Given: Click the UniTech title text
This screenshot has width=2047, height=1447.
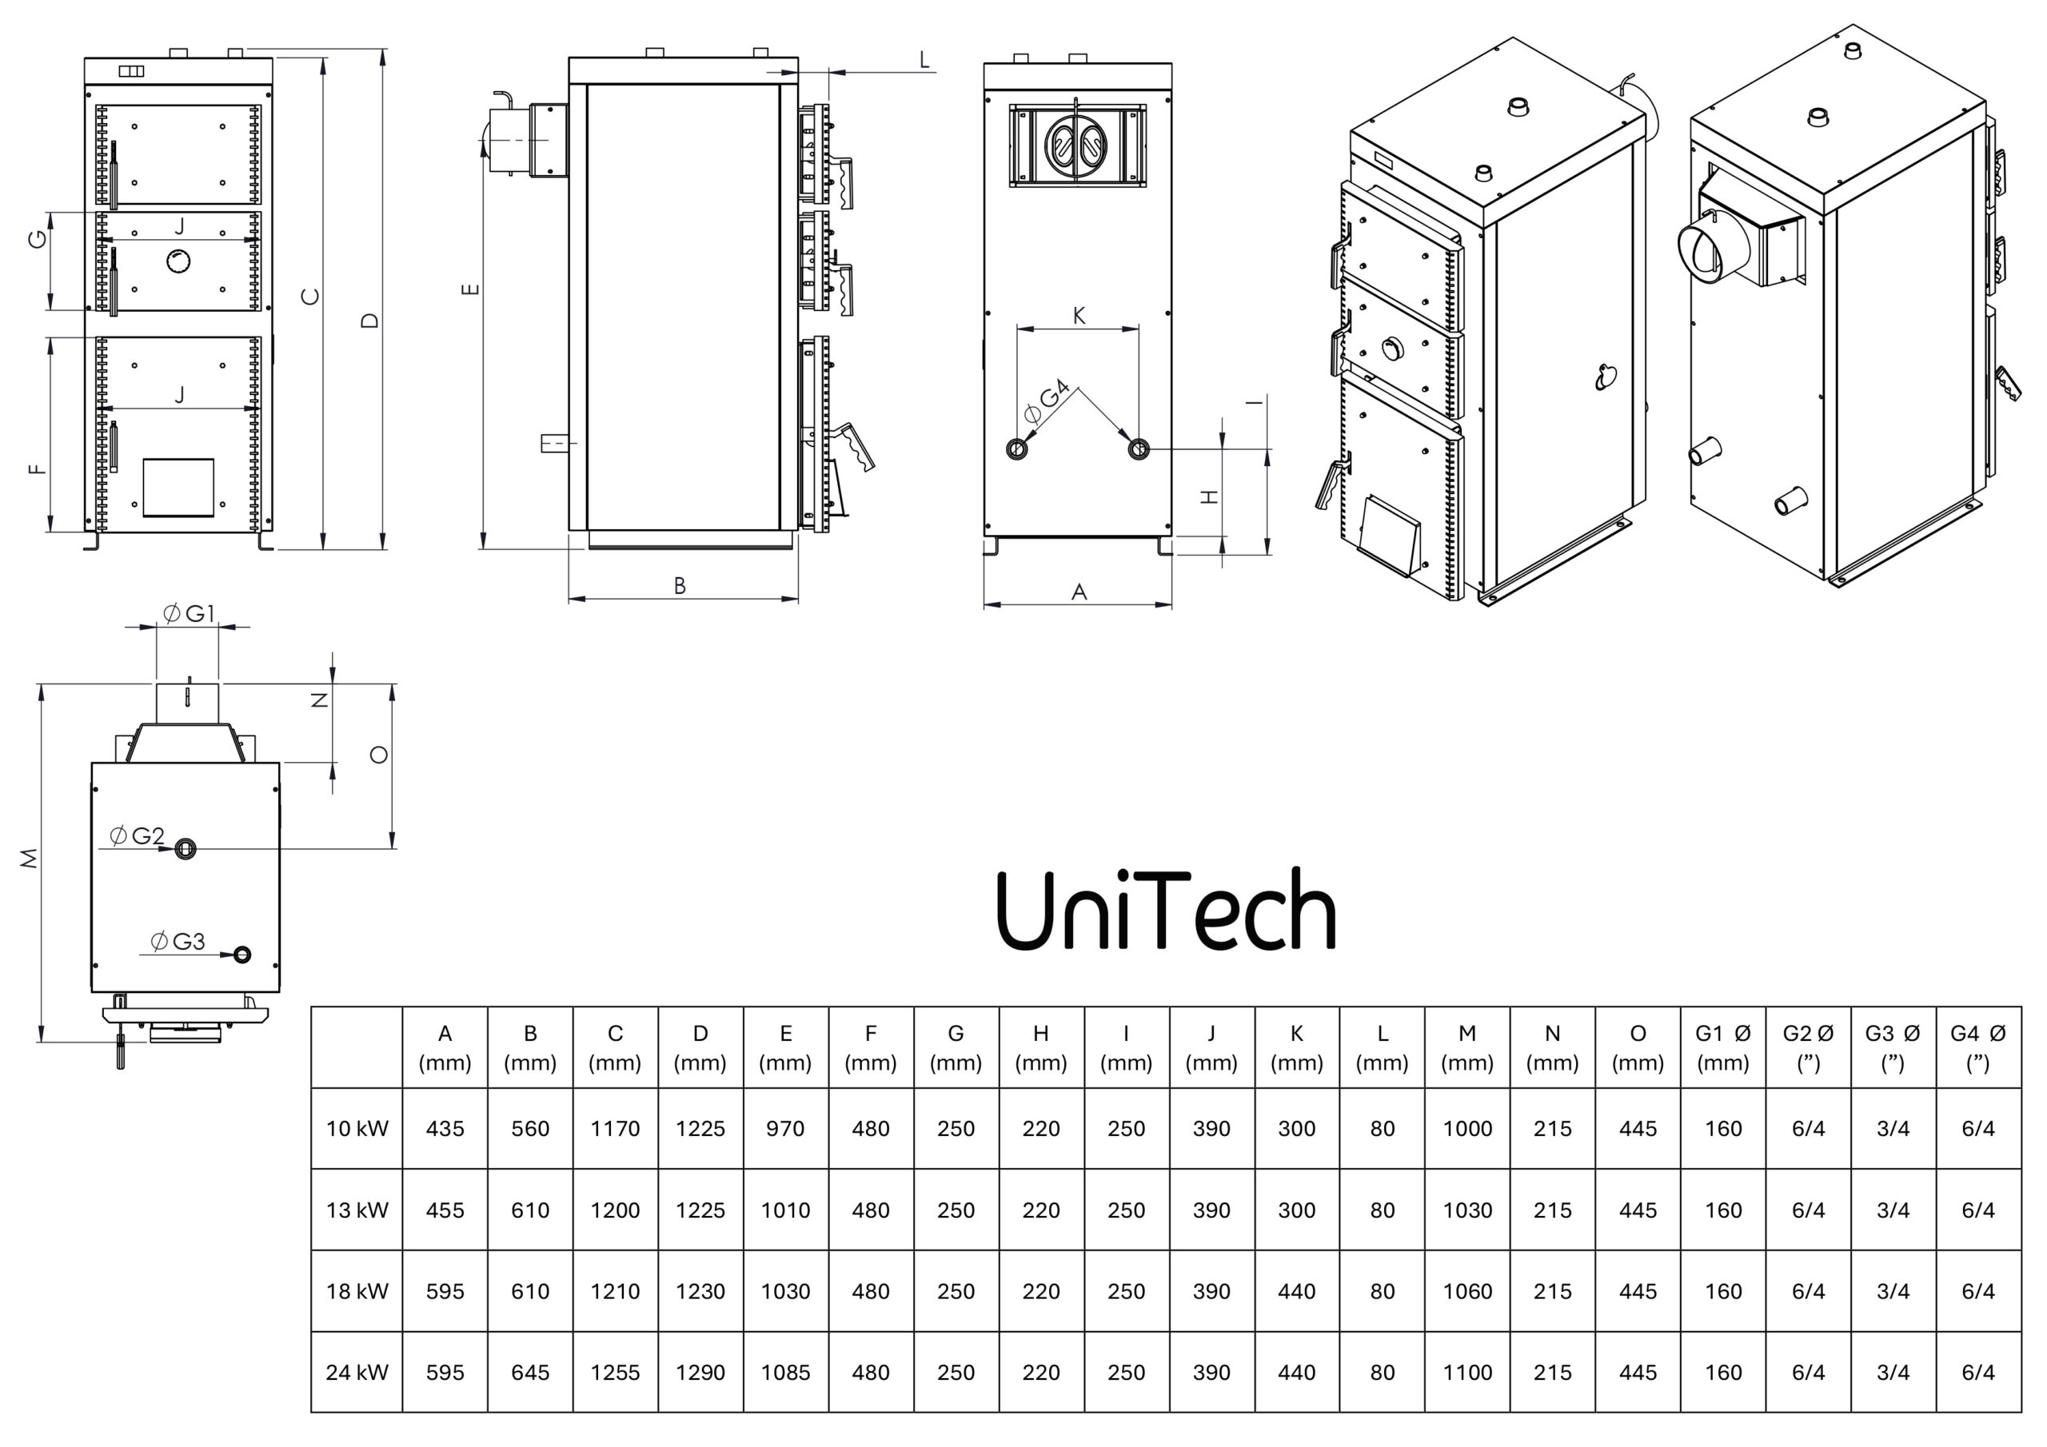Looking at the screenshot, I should click(x=1165, y=911).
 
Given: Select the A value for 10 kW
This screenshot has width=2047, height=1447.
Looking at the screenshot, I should click(x=445, y=1129).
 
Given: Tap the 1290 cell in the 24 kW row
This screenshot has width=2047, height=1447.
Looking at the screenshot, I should click(x=700, y=1372).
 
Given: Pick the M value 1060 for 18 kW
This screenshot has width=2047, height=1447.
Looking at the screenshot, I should click(x=1466, y=1291).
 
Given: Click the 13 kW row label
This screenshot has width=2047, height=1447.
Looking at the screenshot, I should click(x=357, y=1210).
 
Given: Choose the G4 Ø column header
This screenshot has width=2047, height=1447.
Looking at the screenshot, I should click(x=1977, y=1047).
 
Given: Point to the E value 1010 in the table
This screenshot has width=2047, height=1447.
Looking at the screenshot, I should click(x=784, y=1210).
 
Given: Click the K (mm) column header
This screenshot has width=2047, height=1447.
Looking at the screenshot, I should click(x=1296, y=1047).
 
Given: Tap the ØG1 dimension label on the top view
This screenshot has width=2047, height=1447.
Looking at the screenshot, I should click(x=189, y=613).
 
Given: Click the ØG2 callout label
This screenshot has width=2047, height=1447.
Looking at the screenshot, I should click(x=138, y=836).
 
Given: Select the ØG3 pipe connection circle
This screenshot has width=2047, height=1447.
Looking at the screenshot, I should click(x=241, y=955).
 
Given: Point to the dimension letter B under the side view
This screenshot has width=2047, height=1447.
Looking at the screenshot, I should click(x=680, y=586).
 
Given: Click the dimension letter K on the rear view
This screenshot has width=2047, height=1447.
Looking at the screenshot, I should click(x=1079, y=316).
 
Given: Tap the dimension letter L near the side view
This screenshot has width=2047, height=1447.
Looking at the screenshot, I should click(x=924, y=61).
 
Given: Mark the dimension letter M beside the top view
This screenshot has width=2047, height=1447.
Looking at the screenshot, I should click(x=30, y=858).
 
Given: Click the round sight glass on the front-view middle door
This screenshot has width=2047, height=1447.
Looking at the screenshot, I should click(x=178, y=261).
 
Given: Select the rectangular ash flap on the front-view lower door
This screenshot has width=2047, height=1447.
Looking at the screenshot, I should click(x=178, y=488).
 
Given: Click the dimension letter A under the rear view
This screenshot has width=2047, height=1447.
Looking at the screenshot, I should click(x=1079, y=592).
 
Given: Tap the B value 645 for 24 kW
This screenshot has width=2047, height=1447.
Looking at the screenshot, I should click(x=529, y=1372).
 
